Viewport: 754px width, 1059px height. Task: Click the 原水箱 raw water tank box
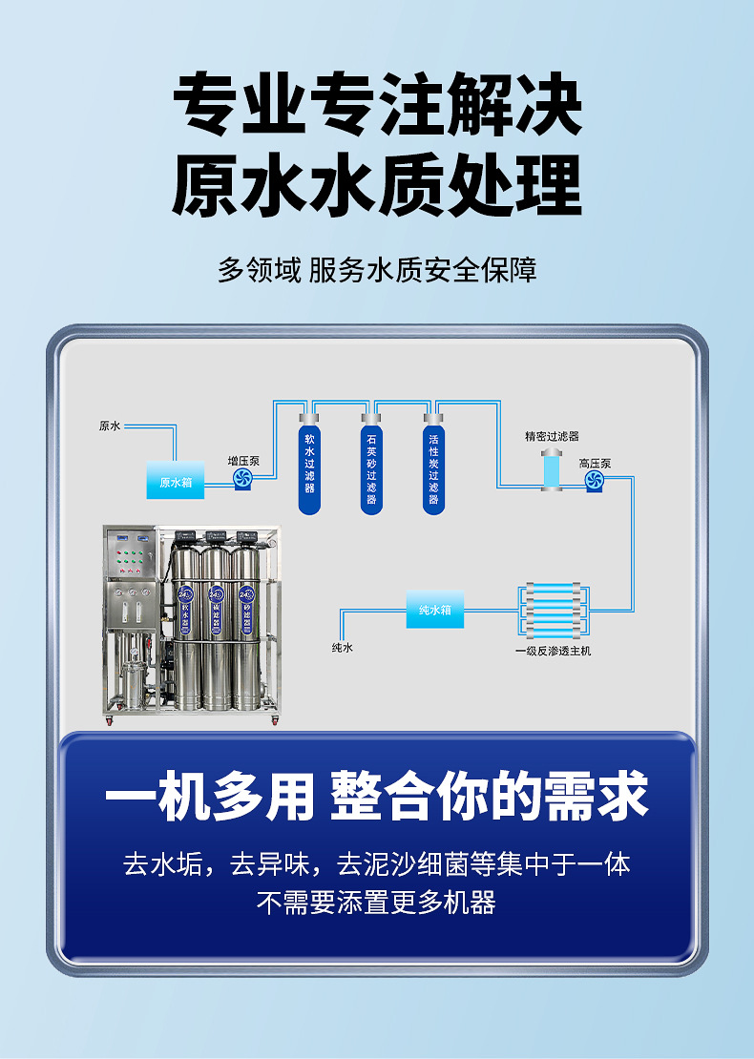click(x=176, y=480)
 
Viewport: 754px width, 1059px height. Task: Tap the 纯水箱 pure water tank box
click(x=435, y=610)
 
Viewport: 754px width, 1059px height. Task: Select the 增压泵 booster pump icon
click(x=242, y=479)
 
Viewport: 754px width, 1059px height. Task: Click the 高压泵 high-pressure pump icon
click(x=595, y=481)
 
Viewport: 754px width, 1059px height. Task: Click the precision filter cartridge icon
click(x=552, y=468)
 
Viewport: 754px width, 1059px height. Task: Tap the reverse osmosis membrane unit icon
click(x=554, y=612)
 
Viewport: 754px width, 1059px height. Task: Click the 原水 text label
click(x=110, y=426)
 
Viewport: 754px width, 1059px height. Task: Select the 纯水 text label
click(x=343, y=647)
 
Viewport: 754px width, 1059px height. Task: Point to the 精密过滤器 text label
click(x=552, y=436)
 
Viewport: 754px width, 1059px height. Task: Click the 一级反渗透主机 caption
click(x=554, y=651)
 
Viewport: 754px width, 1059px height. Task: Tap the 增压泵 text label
click(x=243, y=462)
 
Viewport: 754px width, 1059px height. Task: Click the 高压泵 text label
click(x=596, y=464)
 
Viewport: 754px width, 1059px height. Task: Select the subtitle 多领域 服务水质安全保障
click(x=377, y=270)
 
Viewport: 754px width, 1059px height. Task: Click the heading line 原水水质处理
click(x=377, y=186)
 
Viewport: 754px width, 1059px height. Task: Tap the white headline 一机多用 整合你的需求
click(x=377, y=797)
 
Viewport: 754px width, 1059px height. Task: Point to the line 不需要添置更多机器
click(x=376, y=903)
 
